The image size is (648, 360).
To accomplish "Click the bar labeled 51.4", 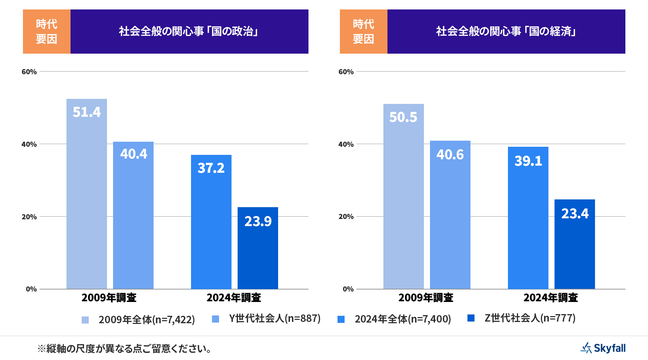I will (x=87, y=194).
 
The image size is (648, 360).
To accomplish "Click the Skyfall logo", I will (x=603, y=348).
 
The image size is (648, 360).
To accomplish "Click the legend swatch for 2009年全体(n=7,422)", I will (x=85, y=320).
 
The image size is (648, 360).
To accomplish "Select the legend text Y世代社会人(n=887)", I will (x=275, y=318).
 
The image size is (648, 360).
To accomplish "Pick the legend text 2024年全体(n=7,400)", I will (x=403, y=319).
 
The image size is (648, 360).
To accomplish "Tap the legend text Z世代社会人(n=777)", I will (x=530, y=318).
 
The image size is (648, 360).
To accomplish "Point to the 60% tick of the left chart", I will (x=29, y=72).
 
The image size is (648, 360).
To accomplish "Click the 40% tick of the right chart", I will (x=346, y=144).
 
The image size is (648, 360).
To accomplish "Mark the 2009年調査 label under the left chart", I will (x=109, y=298).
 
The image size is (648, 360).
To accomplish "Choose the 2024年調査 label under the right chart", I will (x=551, y=298).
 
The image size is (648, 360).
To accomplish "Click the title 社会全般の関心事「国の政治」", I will (x=189, y=31).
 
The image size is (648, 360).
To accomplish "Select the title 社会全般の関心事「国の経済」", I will (x=506, y=31).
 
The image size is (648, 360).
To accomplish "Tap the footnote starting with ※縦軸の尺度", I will (x=125, y=349).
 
